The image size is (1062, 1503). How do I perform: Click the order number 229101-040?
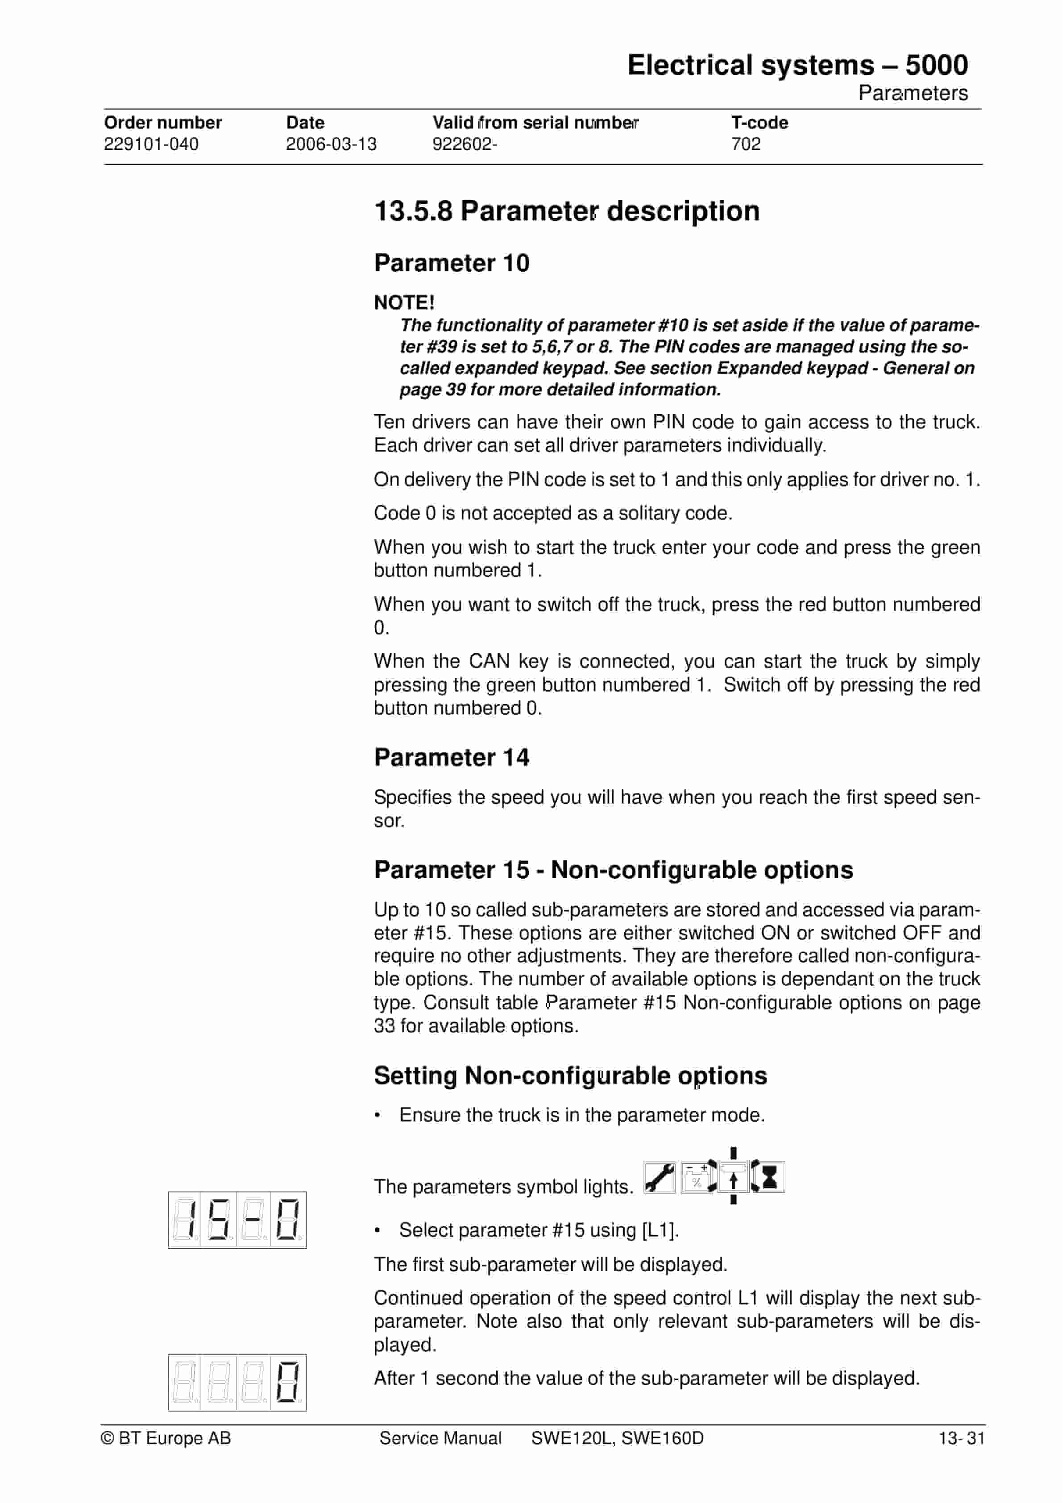click(151, 144)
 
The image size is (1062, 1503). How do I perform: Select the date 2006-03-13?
click(331, 144)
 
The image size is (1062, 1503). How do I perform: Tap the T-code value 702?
click(746, 144)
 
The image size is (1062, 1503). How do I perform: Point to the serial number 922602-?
click(464, 144)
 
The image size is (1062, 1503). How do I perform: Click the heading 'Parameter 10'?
click(452, 263)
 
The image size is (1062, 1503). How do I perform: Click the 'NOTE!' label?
click(404, 303)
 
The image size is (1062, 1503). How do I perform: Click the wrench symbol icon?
click(660, 1178)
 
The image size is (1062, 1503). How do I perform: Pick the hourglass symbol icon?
click(769, 1177)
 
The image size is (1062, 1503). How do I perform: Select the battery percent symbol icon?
click(697, 1178)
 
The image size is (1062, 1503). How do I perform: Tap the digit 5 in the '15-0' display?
click(219, 1220)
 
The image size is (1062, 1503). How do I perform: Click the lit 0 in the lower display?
click(287, 1382)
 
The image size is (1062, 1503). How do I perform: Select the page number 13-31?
click(961, 1438)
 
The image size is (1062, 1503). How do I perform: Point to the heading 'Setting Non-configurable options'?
click(570, 1075)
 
